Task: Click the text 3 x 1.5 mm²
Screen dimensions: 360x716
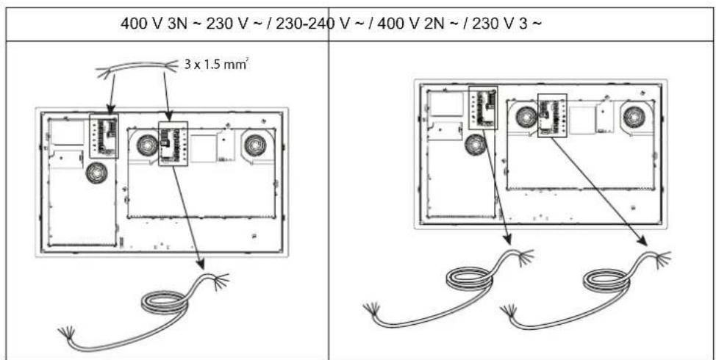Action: (x=214, y=65)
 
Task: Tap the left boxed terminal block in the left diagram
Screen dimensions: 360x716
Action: (x=103, y=134)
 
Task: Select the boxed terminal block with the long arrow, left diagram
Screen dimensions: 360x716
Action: (x=173, y=143)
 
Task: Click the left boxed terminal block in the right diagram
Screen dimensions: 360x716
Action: (x=482, y=108)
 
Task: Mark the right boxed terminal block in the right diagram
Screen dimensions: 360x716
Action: (x=552, y=115)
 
